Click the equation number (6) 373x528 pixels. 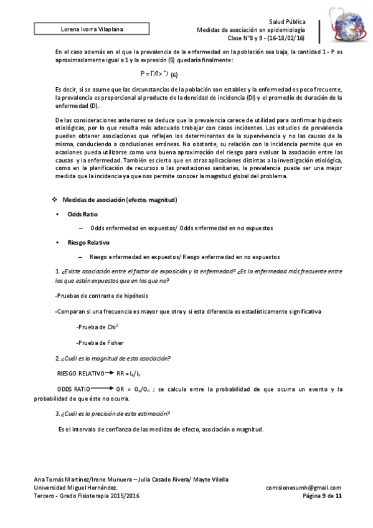coord(174,75)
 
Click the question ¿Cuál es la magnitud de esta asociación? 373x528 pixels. coord(113,359)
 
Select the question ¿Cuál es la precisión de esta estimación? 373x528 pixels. coord(113,414)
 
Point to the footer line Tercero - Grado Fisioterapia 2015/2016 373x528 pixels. coord(87,496)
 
